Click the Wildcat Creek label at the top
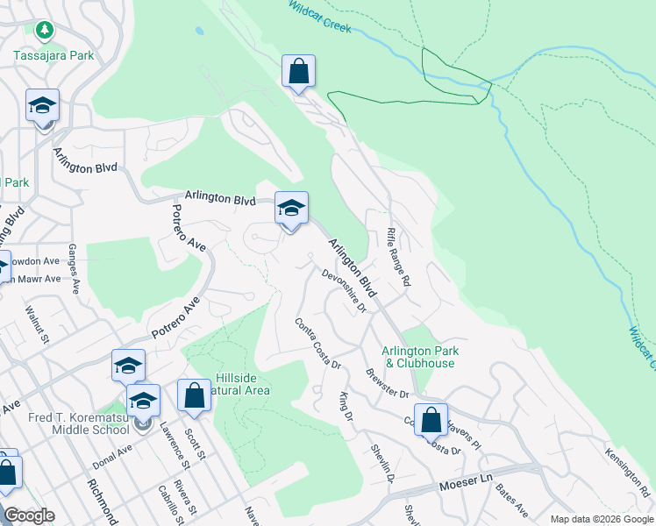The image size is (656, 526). coord(320,17)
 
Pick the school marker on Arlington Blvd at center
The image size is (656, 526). coord(291,209)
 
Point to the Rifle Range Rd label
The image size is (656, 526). coord(398,258)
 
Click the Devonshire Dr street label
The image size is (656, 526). coord(344,290)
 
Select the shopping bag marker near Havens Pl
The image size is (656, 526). coord(431,420)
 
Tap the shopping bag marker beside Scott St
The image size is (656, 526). coord(194,395)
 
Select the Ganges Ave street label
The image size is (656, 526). coord(74,268)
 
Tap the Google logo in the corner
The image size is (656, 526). coord(29,515)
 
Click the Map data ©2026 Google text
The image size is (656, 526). coord(601,519)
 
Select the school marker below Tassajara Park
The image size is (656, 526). coord(42,106)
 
